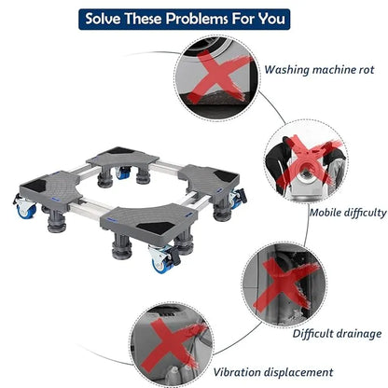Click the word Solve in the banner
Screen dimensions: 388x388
point(103,19)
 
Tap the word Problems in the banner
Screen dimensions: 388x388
point(197,19)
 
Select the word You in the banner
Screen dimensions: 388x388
point(271,19)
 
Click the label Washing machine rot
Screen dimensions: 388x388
point(319,69)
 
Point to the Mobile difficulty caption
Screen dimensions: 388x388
point(348,213)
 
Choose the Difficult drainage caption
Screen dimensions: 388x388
point(337,334)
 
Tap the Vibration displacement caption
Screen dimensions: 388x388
point(273,372)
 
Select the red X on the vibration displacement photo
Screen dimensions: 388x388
point(175,343)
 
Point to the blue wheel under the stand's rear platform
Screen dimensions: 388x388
point(123,174)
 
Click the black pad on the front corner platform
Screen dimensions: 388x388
point(157,228)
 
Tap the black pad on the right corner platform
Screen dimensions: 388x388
point(227,176)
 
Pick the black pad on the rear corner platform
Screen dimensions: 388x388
point(119,151)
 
